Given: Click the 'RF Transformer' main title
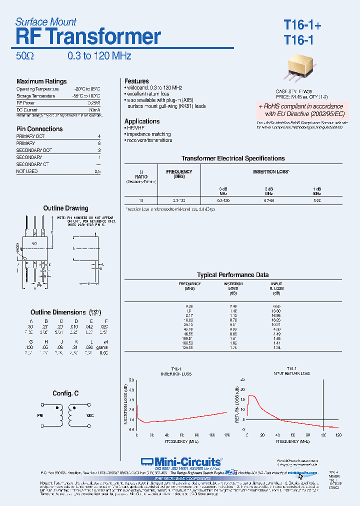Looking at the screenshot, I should (88, 37).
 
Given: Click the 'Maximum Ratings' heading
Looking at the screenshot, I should (41, 81).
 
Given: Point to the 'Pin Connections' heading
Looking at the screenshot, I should (39, 129).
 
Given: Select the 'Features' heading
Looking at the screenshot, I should (136, 81).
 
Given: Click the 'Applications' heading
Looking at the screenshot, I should (142, 121).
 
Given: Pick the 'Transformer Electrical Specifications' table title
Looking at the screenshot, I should (233, 158).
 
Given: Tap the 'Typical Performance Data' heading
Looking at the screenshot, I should (232, 275).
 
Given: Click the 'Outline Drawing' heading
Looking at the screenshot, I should (65, 208).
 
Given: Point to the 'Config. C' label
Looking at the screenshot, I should (65, 393).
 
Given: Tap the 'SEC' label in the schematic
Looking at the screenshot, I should (90, 415).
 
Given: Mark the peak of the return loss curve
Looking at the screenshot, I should (250, 395).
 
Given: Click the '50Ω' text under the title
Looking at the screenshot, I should (25, 56).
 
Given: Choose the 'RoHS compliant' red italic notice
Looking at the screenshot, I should (300, 110).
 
